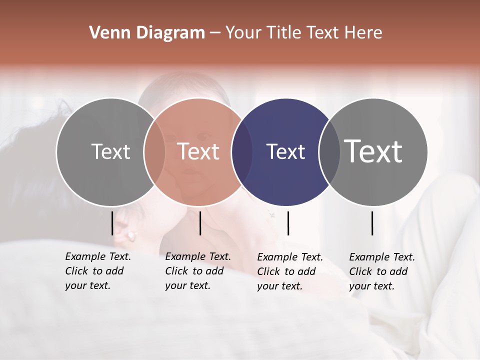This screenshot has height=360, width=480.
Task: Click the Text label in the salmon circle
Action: coord(198,151)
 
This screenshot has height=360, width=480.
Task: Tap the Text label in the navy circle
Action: coord(285,151)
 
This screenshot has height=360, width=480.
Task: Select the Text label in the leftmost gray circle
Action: coord(110,151)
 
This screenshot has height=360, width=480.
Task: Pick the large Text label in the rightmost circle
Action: coord(373,151)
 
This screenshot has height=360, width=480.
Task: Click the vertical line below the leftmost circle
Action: coord(112,223)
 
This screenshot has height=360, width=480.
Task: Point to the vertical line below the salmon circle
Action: coord(200,223)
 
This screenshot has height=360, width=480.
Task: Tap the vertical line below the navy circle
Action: coord(288,223)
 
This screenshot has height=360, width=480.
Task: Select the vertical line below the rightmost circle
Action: coord(372,223)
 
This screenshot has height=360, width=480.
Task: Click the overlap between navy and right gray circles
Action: coord(329,152)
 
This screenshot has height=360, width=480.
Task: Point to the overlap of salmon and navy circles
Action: coord(242,152)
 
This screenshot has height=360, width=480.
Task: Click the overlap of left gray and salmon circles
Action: coord(154,152)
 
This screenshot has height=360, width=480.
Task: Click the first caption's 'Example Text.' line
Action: coord(98,256)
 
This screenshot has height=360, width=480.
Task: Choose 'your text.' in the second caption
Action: coord(188,285)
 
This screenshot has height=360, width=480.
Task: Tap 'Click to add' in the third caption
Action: coord(286,271)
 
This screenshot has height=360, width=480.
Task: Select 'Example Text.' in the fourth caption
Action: coord(382,257)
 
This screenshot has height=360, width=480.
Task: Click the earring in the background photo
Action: coord(131,235)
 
